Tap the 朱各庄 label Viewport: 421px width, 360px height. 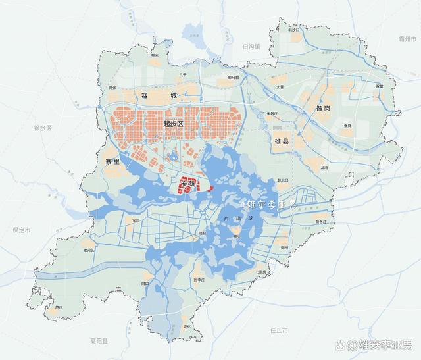(x=273, y=114)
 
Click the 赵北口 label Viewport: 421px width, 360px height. (x=283, y=179)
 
